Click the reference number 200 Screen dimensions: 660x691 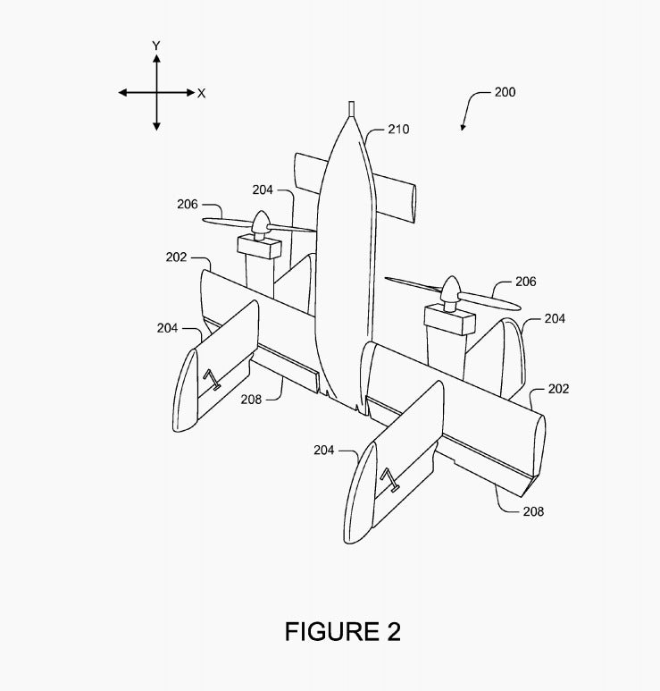point(505,92)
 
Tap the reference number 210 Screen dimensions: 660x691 point(398,129)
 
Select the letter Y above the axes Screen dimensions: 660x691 point(156,46)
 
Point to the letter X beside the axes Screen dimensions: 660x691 point(201,94)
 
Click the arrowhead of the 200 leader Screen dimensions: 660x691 point(463,127)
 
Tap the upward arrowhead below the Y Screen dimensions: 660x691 point(156,58)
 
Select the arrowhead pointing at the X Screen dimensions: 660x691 point(190,93)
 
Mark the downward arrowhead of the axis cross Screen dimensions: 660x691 point(156,126)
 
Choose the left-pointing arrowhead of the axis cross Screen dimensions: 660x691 point(122,93)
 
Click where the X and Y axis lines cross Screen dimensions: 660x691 point(156,93)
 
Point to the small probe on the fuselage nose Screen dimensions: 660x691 point(351,109)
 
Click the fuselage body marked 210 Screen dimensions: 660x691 point(346,265)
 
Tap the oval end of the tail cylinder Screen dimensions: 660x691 point(414,204)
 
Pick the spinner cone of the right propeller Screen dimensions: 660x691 point(450,288)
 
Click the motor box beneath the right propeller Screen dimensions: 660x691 point(449,320)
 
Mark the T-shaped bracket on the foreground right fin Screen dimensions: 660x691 point(390,481)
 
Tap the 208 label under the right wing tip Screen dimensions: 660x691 point(533,511)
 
